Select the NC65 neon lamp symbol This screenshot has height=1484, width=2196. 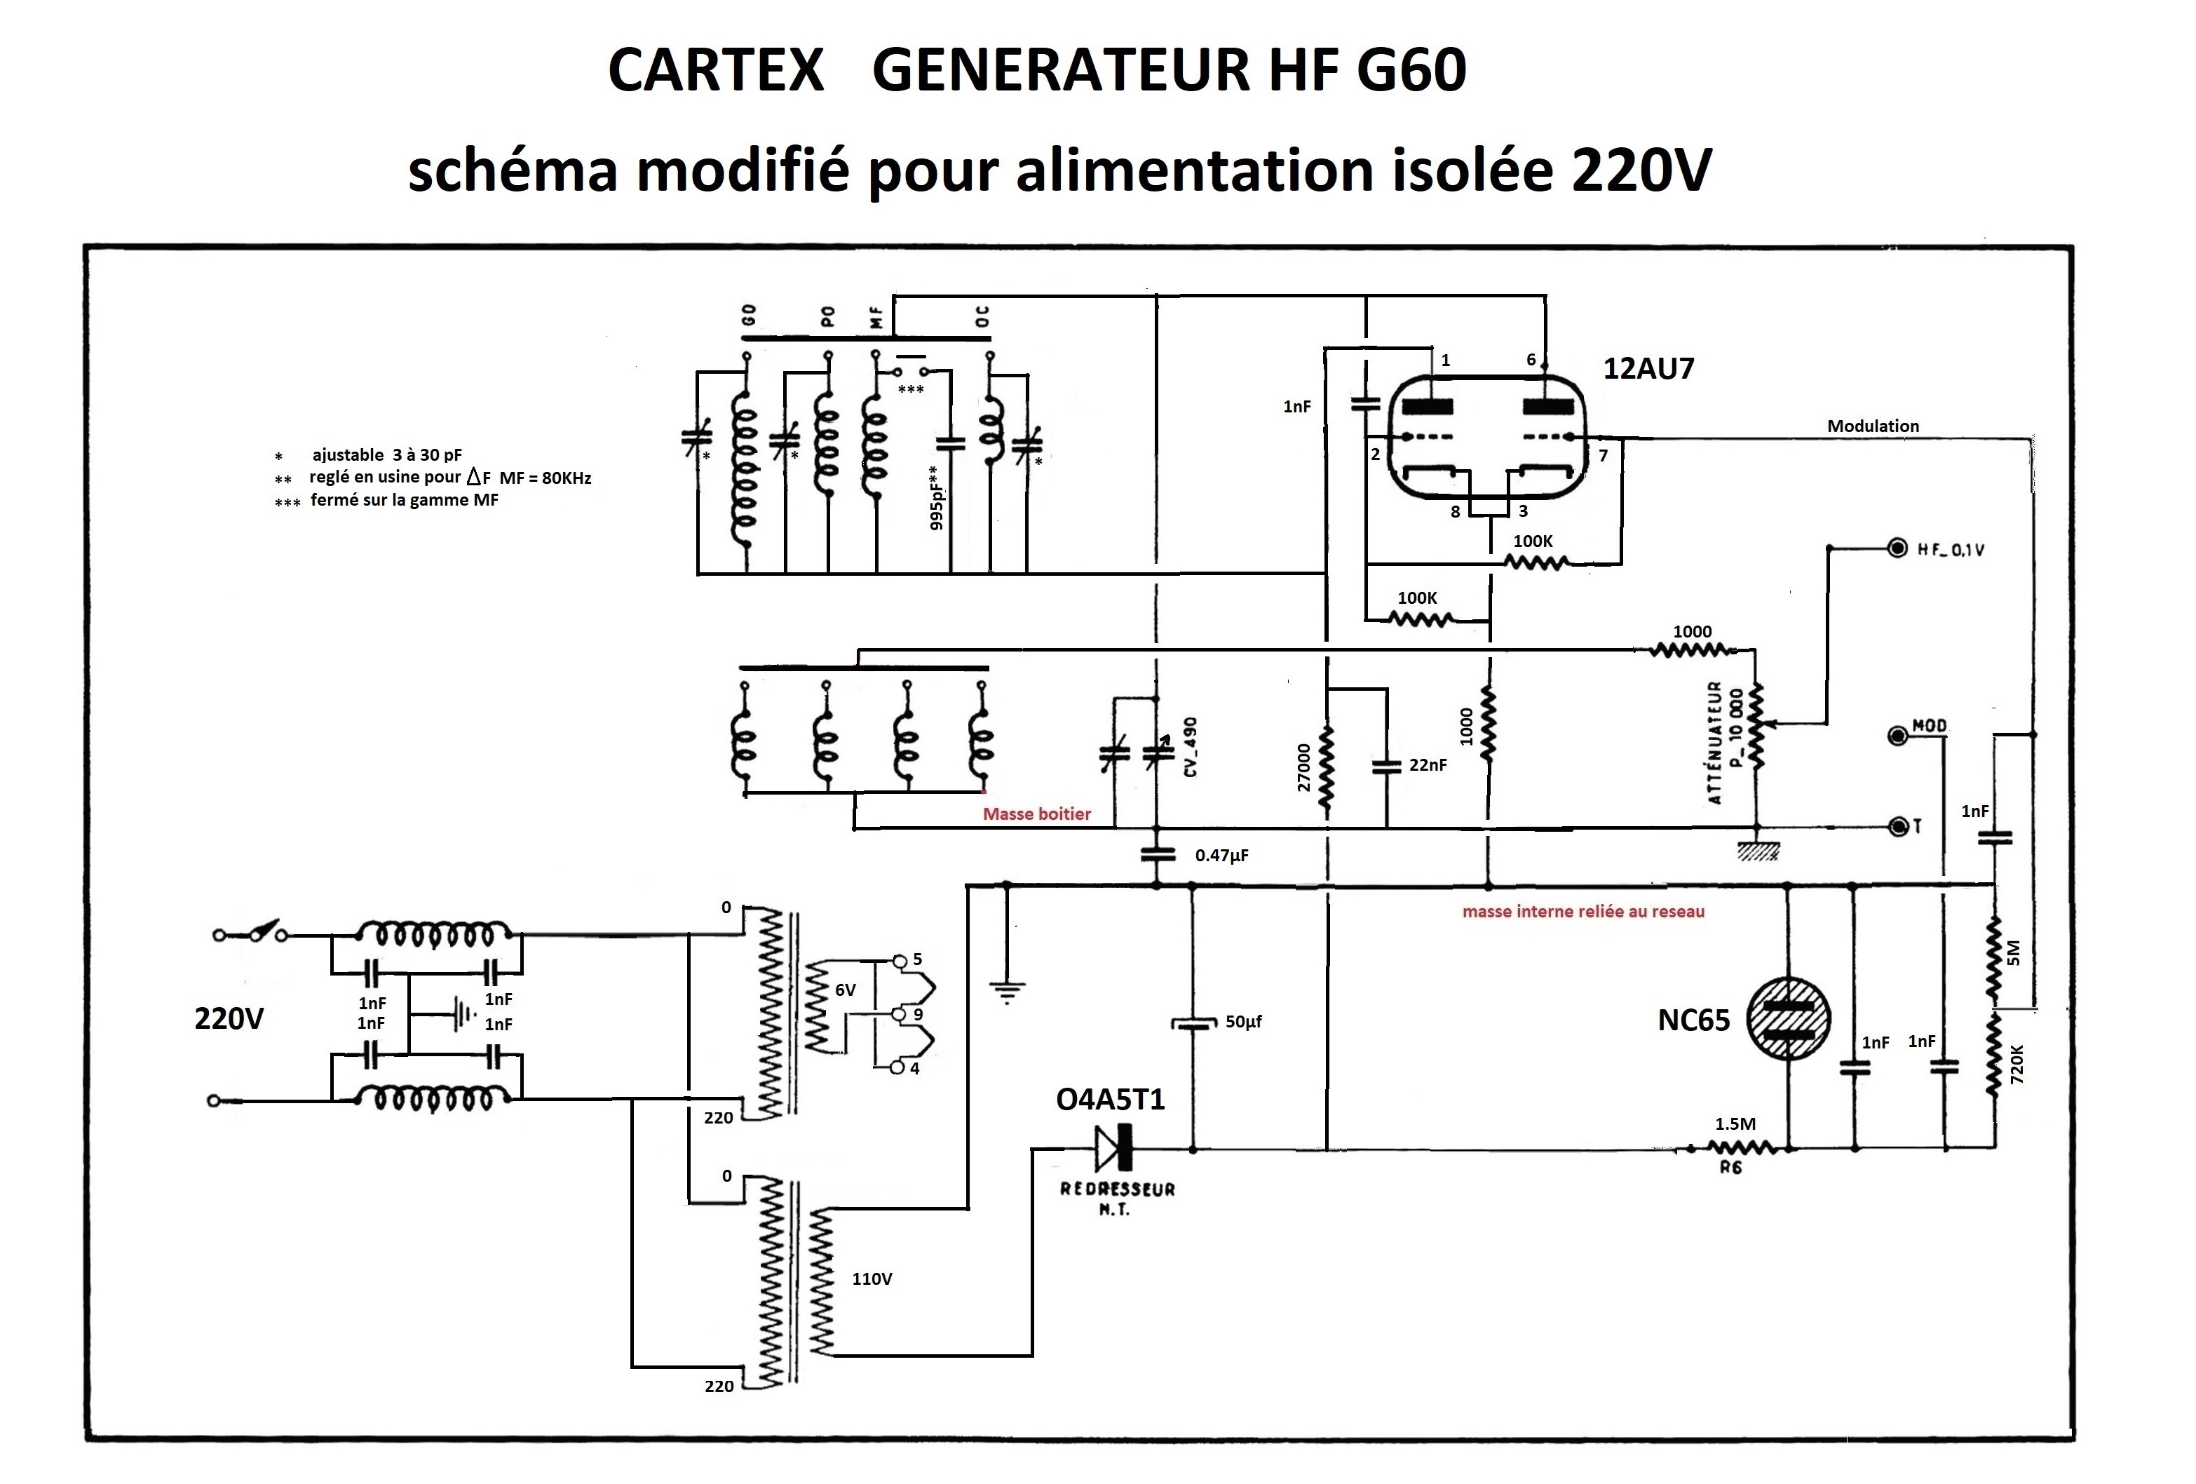click(1788, 1019)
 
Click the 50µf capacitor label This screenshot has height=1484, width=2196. click(1244, 1022)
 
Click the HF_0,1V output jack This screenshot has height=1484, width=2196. click(1897, 548)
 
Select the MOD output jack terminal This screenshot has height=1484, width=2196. click(1897, 734)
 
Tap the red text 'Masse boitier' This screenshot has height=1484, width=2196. click(1036, 814)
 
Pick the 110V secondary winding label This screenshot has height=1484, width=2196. click(872, 1279)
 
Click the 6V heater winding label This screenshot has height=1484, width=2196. click(845, 990)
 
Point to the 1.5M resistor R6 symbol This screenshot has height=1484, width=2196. click(1743, 1149)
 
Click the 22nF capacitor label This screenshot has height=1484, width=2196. click(1427, 764)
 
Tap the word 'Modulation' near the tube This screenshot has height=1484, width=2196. click(1872, 426)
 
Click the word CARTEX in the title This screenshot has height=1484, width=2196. click(715, 70)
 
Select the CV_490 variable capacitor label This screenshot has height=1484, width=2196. click(1191, 747)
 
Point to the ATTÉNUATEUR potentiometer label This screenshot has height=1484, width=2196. click(1714, 743)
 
